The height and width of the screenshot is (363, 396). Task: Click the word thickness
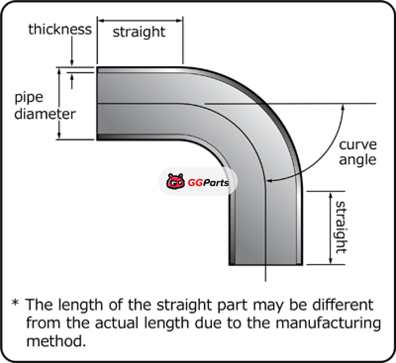[x=60, y=29]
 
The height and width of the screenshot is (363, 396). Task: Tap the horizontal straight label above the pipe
[x=139, y=32]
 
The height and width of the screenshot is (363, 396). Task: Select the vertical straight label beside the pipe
[x=341, y=227]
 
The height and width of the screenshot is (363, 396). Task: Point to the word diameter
[x=45, y=114]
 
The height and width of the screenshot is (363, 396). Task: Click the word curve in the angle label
[x=358, y=145]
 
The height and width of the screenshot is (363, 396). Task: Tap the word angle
[x=358, y=160]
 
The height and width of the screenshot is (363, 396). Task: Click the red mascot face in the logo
[x=176, y=182]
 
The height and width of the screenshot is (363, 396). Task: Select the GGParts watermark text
[x=208, y=183]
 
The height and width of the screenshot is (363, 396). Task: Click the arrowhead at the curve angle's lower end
[x=270, y=181]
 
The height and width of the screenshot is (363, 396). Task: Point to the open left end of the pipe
[x=97, y=103]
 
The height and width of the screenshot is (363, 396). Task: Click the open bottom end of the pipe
[x=266, y=264]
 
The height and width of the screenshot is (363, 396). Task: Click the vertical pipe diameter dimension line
[x=60, y=103]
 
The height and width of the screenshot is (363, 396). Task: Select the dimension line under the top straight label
[x=140, y=20]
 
